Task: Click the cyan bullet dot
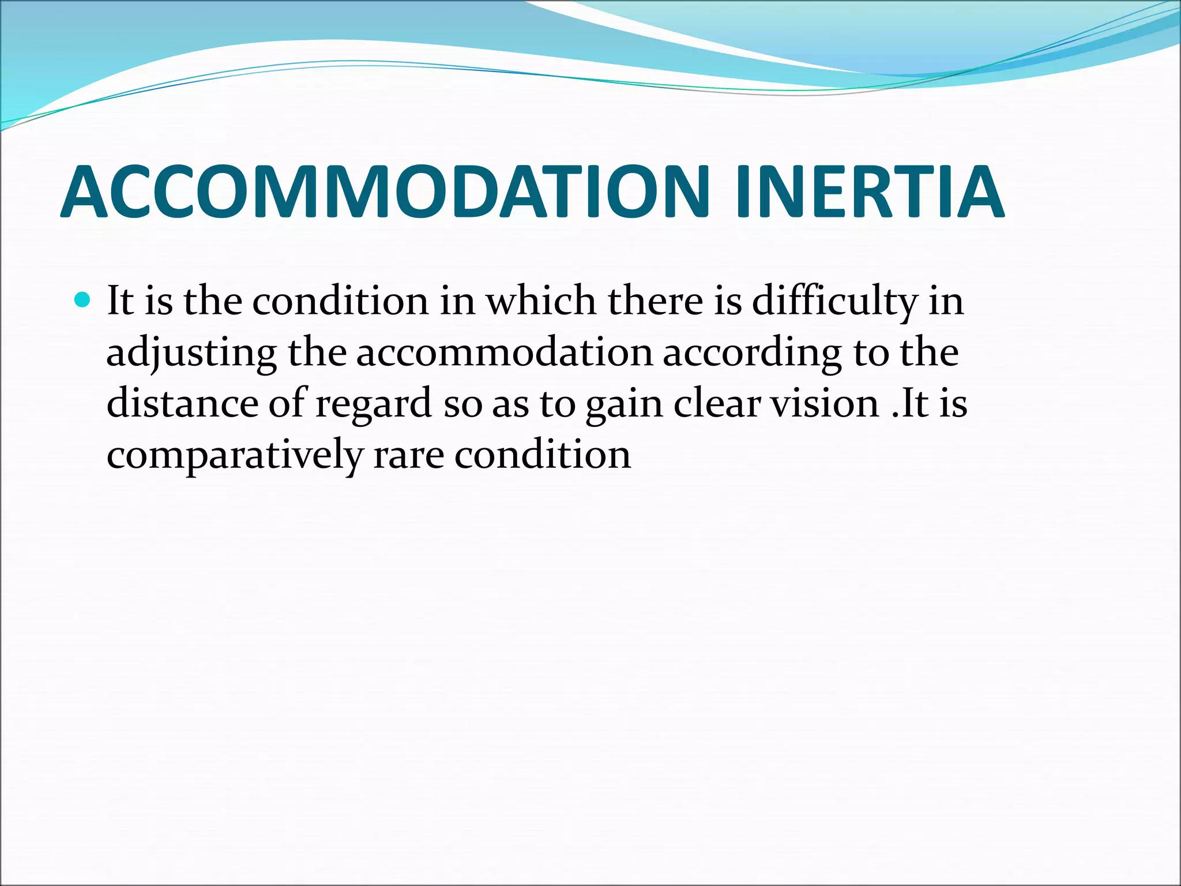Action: [x=83, y=300]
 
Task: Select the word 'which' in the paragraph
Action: [x=541, y=301]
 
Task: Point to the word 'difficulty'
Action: [x=834, y=302]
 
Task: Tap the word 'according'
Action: [x=752, y=353]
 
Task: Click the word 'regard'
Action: [x=374, y=404]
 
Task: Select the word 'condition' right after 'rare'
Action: [x=543, y=455]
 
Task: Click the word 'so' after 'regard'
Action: [x=462, y=404]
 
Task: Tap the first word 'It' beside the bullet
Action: [x=120, y=301]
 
